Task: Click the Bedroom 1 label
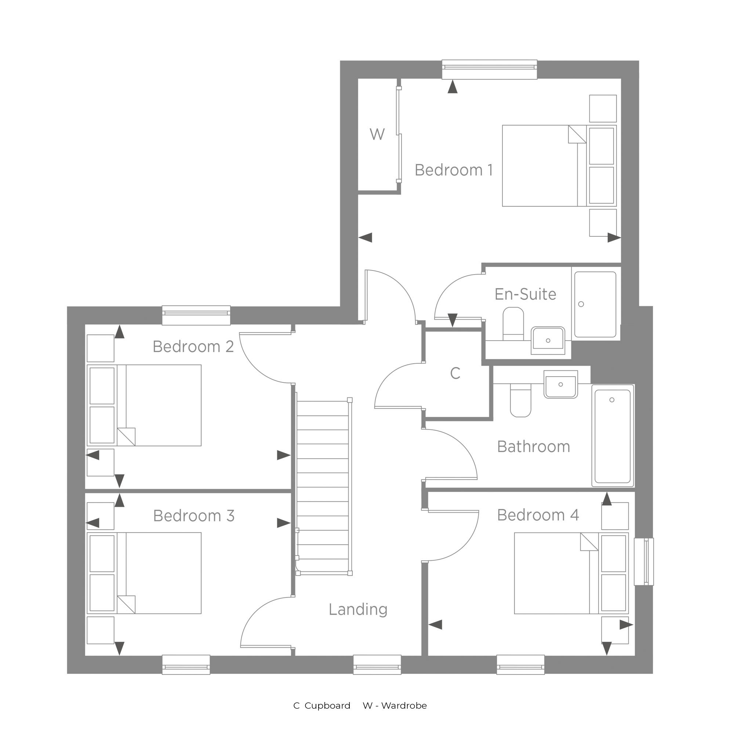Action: click(454, 170)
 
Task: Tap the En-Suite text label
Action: click(526, 294)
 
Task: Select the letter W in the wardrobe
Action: click(377, 134)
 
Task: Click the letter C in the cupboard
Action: click(455, 374)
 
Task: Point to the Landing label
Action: click(358, 609)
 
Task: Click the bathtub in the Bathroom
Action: click(613, 435)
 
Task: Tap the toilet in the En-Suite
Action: click(513, 324)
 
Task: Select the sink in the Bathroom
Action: click(561, 385)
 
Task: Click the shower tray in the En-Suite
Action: click(595, 304)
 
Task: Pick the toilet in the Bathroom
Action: click(520, 400)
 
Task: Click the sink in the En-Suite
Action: click(548, 341)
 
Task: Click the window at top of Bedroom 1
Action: click(489, 69)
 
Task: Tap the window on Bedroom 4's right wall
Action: click(644, 562)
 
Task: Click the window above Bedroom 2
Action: click(196, 315)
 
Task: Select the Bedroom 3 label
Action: click(194, 516)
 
